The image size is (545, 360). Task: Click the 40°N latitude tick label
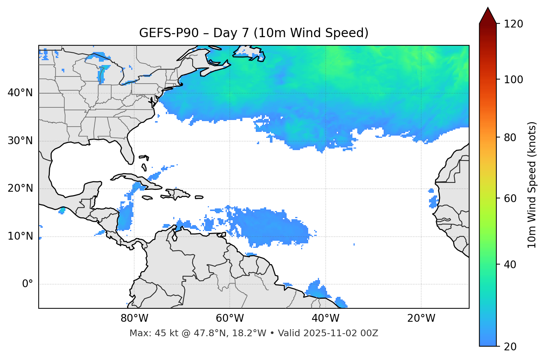click(x=20, y=93)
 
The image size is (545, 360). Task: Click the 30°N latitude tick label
click(x=20, y=141)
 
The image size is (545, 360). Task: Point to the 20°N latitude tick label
click(x=20, y=189)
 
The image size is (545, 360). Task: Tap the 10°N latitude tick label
click(x=20, y=236)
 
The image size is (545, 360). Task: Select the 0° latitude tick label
click(x=28, y=284)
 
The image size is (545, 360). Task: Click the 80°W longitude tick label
click(x=134, y=318)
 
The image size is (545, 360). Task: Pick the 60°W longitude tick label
click(x=230, y=318)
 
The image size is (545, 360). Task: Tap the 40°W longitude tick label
click(x=325, y=318)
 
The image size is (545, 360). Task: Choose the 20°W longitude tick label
click(x=421, y=318)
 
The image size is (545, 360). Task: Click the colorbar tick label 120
click(x=513, y=24)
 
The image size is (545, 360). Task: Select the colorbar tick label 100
click(x=513, y=80)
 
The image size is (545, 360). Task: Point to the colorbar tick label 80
click(x=510, y=137)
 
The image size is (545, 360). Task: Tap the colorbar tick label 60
click(x=510, y=198)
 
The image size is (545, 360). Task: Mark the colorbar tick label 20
click(x=510, y=347)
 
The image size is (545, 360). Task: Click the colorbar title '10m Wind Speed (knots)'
click(x=532, y=185)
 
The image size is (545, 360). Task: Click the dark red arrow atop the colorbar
click(x=488, y=16)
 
